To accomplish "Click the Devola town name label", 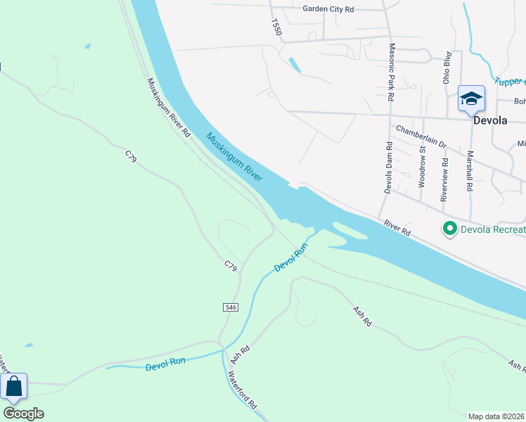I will pyautogui.click(x=490, y=120).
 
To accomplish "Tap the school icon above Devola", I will pyautogui.click(x=470, y=98).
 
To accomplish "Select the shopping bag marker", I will pyautogui.click(x=13, y=387).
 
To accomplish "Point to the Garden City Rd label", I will pyautogui.click(x=328, y=9).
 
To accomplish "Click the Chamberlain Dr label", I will pyautogui.click(x=421, y=136).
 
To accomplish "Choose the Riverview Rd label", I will pyautogui.click(x=444, y=179).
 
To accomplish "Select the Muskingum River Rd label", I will pyautogui.click(x=169, y=107).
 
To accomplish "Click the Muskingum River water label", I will pyautogui.click(x=234, y=157).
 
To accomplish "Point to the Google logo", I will pyautogui.click(x=23, y=414).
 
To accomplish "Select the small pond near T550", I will pyautogui.click(x=294, y=65).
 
